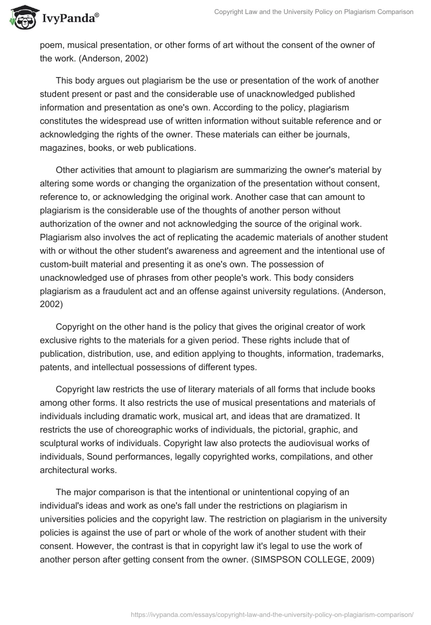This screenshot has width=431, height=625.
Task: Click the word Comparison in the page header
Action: coord(393,12)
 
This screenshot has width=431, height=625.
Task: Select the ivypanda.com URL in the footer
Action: coord(273,614)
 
